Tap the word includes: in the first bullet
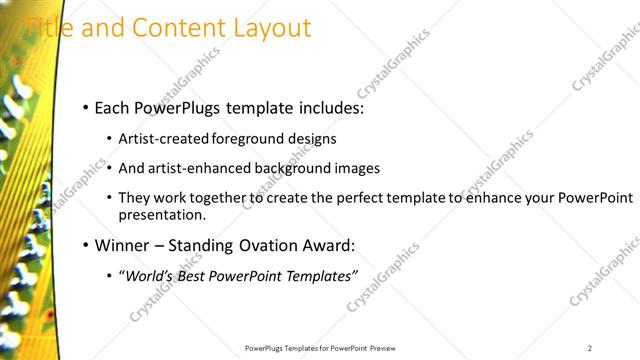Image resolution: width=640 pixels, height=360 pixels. coord(327,106)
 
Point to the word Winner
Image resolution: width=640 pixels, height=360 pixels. coord(119,245)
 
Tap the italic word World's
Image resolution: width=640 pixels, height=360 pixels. coord(146,276)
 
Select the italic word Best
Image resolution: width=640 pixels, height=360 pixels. coord(187,276)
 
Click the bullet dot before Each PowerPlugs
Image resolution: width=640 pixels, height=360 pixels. coord(87,107)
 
